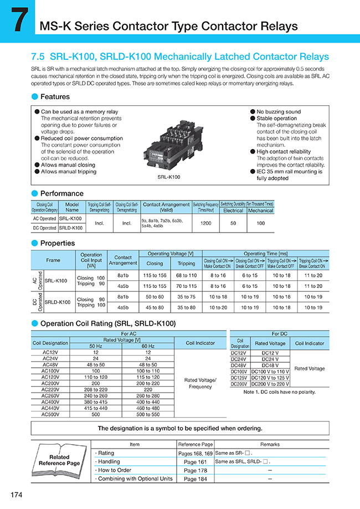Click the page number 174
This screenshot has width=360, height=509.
16,494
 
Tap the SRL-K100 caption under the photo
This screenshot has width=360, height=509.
169,177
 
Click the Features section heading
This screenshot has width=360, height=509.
55,96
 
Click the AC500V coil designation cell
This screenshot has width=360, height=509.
53,414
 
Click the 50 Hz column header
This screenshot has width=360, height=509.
95,346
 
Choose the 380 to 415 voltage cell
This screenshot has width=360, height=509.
95,402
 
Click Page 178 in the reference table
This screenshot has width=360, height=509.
195,470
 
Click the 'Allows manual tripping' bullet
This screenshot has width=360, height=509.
68,172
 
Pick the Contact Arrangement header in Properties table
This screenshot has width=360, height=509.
122,260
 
